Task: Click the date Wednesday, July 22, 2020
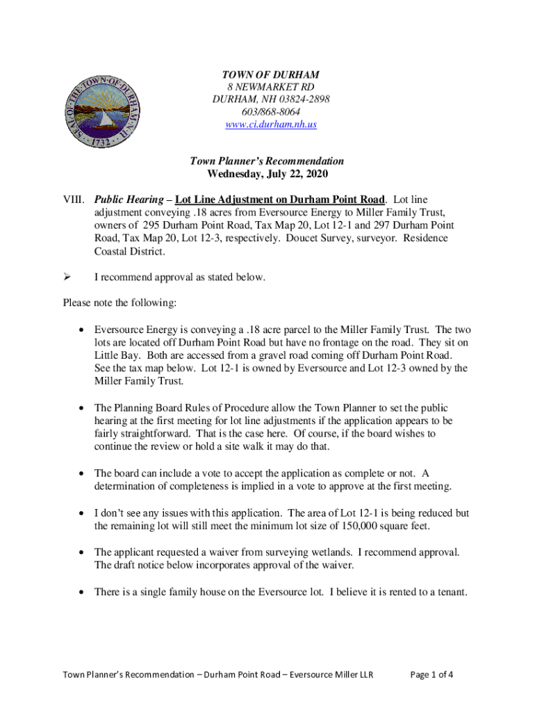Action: coord(267,174)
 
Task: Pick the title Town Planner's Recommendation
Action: coord(267,161)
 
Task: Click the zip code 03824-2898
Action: coord(301,99)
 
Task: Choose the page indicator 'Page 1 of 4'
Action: coord(433,674)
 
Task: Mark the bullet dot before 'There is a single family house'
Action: coord(83,593)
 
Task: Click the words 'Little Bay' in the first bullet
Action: coord(115,355)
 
